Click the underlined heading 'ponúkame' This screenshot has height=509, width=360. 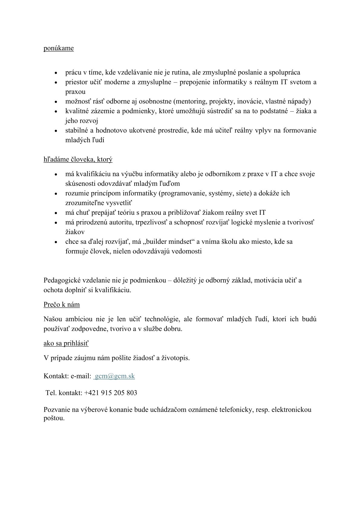pyautogui.click(x=59, y=48)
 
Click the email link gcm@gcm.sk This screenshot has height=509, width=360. pyautogui.click(x=115, y=376)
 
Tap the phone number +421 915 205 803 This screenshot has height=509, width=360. pyautogui.click(x=111, y=393)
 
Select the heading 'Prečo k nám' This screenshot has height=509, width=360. pyautogui.click(x=62, y=305)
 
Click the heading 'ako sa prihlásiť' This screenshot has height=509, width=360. pyautogui.click(x=66, y=343)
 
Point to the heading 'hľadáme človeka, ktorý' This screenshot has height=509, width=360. pyautogui.click(x=78, y=159)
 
